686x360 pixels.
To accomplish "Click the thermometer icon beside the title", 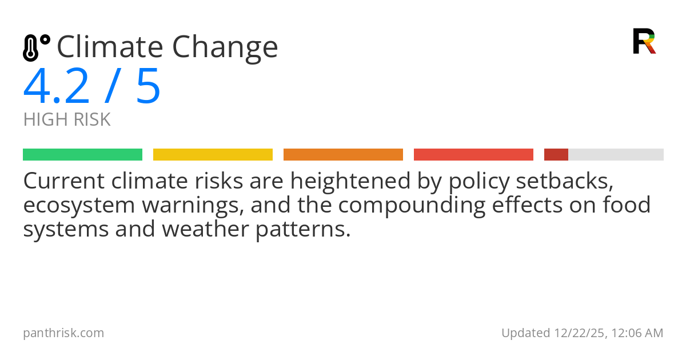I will click(35, 47).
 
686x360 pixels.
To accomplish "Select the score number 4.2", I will click(57, 87).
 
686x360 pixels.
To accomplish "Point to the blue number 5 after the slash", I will click(148, 87).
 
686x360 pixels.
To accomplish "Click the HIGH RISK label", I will click(67, 120).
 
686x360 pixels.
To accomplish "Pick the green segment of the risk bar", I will click(82, 155).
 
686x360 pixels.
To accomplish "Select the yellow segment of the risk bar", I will click(213, 155).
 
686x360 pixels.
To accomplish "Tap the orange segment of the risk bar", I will click(343, 155).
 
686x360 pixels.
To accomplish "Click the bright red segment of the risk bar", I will click(473, 155).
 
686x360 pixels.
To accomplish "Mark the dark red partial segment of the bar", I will click(556, 155).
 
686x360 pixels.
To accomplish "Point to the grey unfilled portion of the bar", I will click(616, 155).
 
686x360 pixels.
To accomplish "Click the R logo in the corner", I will click(644, 41).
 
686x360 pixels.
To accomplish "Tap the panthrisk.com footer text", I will click(63, 333).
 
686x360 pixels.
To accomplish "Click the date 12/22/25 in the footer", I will click(577, 333).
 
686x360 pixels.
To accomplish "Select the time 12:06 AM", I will click(637, 333).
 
